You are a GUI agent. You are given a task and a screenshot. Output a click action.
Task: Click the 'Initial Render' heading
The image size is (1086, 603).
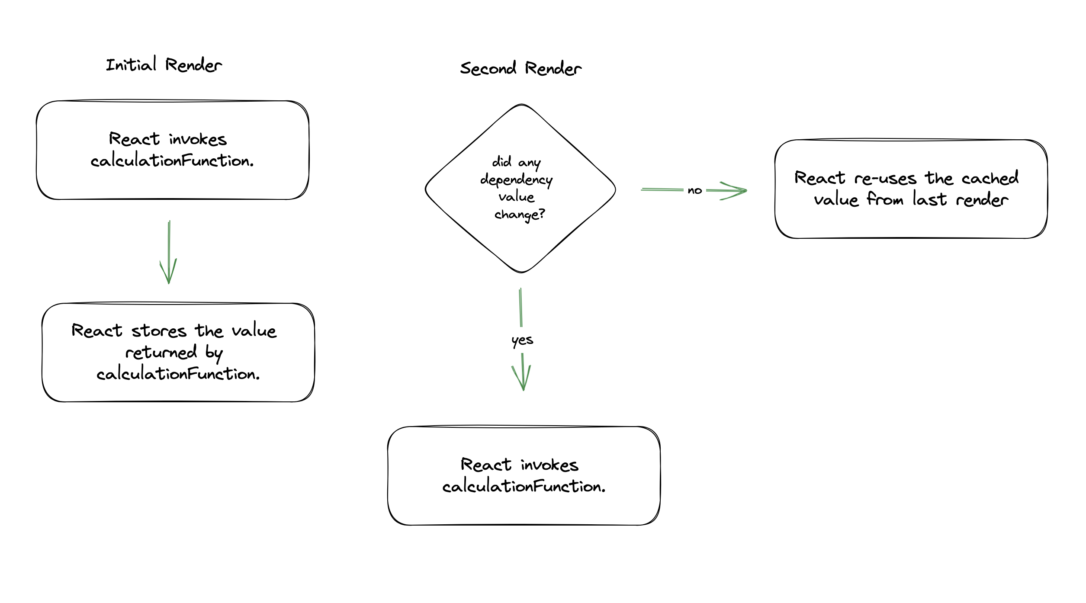[x=164, y=64]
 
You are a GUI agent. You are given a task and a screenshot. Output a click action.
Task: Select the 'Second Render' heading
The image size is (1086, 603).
[x=521, y=68]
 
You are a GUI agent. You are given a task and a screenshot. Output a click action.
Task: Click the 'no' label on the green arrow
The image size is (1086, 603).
[x=695, y=190]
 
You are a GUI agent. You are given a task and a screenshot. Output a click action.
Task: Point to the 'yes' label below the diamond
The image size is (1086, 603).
[x=522, y=340]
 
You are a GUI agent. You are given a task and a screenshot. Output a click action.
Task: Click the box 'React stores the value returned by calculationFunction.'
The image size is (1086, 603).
[x=42, y=353]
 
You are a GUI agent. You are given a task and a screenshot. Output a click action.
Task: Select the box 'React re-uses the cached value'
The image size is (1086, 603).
[x=775, y=189]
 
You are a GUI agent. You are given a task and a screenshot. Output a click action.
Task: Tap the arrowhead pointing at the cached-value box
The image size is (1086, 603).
[x=736, y=190]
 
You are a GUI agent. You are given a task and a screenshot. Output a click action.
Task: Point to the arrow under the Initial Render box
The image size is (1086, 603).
[x=169, y=252]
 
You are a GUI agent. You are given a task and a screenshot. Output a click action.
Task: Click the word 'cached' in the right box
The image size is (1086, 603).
[x=990, y=178]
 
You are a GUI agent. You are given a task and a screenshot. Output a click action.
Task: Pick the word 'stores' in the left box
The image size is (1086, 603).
[x=159, y=331]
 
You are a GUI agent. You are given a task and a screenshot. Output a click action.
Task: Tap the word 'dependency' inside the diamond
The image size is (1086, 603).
[x=517, y=180]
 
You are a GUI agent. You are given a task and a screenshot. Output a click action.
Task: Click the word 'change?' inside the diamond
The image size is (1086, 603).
[x=520, y=215]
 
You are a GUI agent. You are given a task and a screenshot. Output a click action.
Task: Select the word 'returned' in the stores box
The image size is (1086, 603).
[x=161, y=352]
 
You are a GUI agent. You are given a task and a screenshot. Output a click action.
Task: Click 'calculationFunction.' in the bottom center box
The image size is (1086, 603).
[x=524, y=487]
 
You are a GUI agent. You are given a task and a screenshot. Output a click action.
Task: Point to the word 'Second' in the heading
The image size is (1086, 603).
[x=488, y=68]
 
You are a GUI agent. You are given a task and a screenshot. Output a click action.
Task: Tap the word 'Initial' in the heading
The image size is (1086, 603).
[x=131, y=64]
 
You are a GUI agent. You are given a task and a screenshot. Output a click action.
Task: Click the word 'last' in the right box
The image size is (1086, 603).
[x=930, y=199]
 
